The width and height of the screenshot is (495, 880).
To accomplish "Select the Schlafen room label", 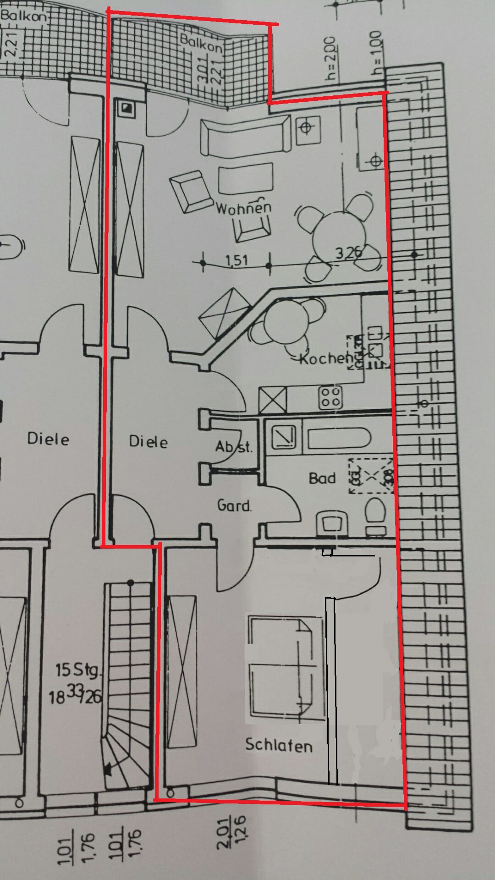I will [x=279, y=745].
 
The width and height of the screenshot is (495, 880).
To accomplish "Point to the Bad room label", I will [x=322, y=478].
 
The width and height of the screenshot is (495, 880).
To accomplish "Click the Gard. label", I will [x=234, y=506].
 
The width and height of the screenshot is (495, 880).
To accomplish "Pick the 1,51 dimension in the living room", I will [x=236, y=260].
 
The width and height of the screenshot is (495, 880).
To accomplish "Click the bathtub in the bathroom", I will [x=338, y=438].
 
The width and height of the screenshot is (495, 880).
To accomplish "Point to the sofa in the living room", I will [x=245, y=135].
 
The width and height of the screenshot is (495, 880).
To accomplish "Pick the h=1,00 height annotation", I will [x=376, y=53].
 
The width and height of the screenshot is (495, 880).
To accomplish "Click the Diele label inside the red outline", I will [x=148, y=441].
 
